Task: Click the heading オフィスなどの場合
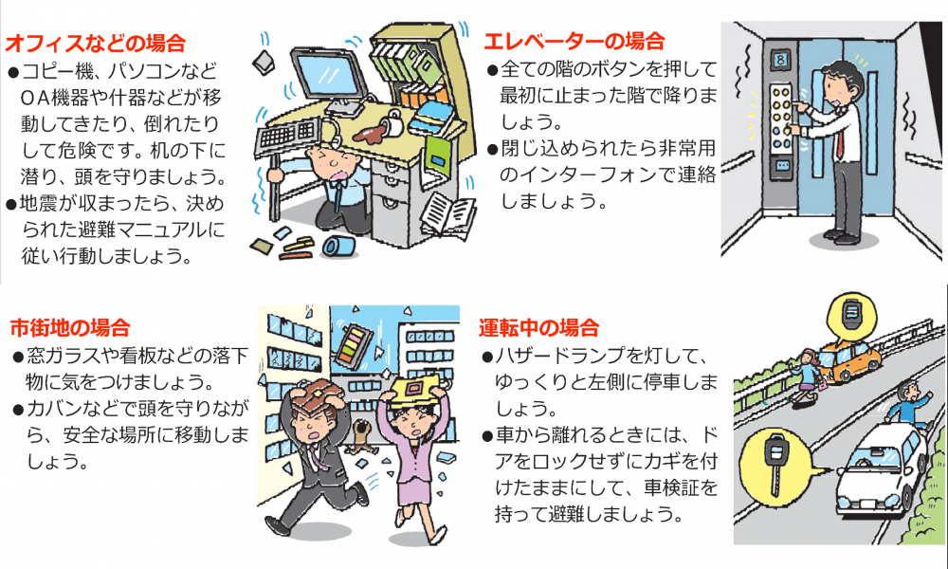pyautogui.click(x=95, y=44)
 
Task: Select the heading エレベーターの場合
pyautogui.click(x=574, y=41)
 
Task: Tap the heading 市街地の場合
pyautogui.click(x=70, y=328)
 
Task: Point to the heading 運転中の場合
pyautogui.click(x=538, y=328)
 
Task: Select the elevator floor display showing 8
pyautogui.click(x=780, y=60)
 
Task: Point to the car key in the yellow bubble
pyautogui.click(x=775, y=463)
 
